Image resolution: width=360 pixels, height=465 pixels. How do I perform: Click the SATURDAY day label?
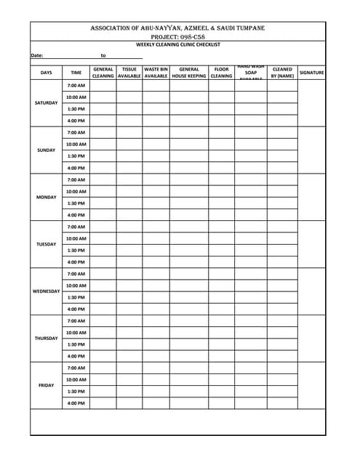point(46,102)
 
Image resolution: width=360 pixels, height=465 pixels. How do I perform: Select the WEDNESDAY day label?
point(46,291)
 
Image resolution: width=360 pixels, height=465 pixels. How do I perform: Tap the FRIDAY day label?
point(46,385)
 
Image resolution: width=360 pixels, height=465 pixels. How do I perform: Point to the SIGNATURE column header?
point(311,73)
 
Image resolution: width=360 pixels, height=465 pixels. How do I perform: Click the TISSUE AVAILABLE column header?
point(129,73)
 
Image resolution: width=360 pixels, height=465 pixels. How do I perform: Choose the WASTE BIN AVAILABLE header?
point(156,73)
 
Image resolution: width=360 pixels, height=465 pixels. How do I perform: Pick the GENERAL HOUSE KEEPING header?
point(188,73)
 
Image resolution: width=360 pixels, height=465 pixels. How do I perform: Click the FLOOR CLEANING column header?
point(221,73)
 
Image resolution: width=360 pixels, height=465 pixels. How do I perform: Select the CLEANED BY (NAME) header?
point(282,73)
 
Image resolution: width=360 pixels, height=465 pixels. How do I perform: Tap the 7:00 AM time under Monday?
point(76,179)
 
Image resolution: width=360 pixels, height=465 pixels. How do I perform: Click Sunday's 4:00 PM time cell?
point(76,168)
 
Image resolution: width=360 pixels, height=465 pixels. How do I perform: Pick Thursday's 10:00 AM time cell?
point(76,333)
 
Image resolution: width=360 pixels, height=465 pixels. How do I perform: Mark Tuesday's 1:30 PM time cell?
point(76,250)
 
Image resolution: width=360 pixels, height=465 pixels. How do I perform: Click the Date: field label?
point(37,55)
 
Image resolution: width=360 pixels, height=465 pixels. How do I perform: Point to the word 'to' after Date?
point(103,55)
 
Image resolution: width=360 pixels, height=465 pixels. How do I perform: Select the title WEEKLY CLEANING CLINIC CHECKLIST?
point(178,45)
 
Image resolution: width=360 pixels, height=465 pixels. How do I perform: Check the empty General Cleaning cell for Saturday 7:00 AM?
point(103,85)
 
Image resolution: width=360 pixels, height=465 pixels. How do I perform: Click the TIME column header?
point(76,73)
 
